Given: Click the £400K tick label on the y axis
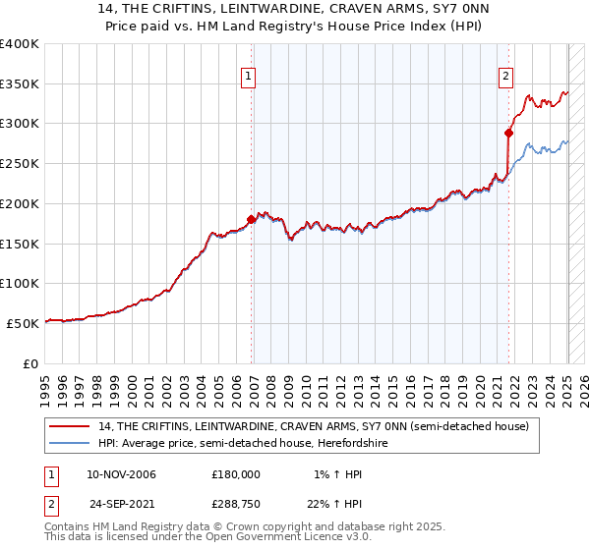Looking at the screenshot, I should pyautogui.click(x=20, y=44).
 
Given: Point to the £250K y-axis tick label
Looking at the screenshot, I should pyautogui.click(x=20, y=164).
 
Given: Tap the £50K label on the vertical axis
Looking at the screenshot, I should pyautogui.click(x=24, y=323).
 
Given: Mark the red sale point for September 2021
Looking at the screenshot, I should pyautogui.click(x=509, y=133).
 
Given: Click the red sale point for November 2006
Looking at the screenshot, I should pyautogui.click(x=251, y=220).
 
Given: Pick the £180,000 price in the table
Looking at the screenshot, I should pyautogui.click(x=235, y=473).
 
